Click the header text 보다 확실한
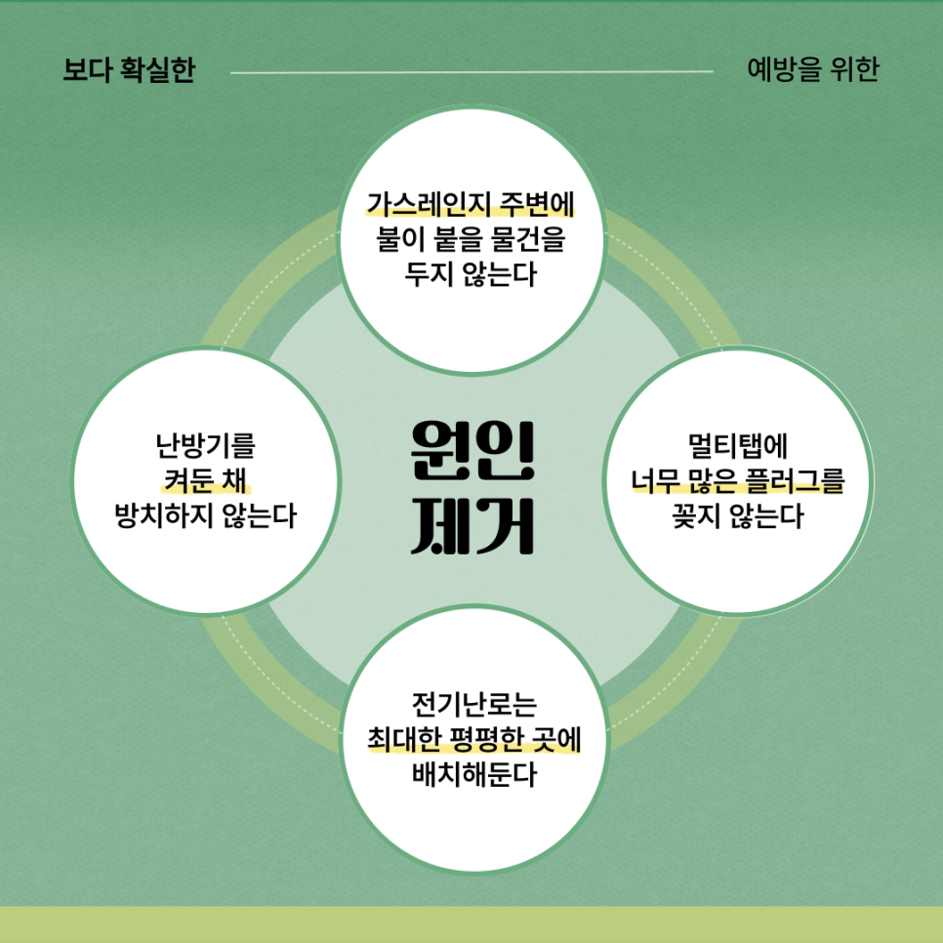(129, 71)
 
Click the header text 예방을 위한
(812, 71)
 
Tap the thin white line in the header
(471, 71)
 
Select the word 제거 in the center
(471, 528)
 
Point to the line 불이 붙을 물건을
(471, 239)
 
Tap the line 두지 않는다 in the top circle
(471, 274)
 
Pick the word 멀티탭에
(738, 447)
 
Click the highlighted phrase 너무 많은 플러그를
(738, 481)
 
